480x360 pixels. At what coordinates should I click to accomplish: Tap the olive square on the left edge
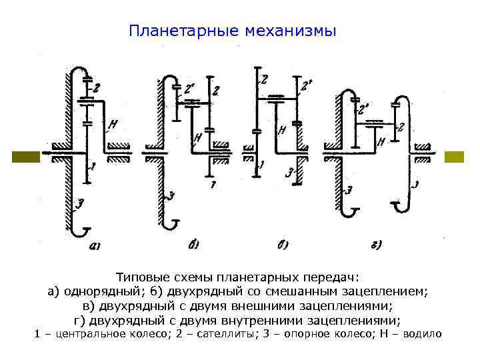[x=26, y=157]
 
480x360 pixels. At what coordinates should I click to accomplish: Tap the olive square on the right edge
[x=454, y=157]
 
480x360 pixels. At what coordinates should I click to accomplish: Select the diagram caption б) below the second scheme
[x=193, y=245]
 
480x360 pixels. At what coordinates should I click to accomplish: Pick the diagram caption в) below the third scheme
[x=282, y=245]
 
